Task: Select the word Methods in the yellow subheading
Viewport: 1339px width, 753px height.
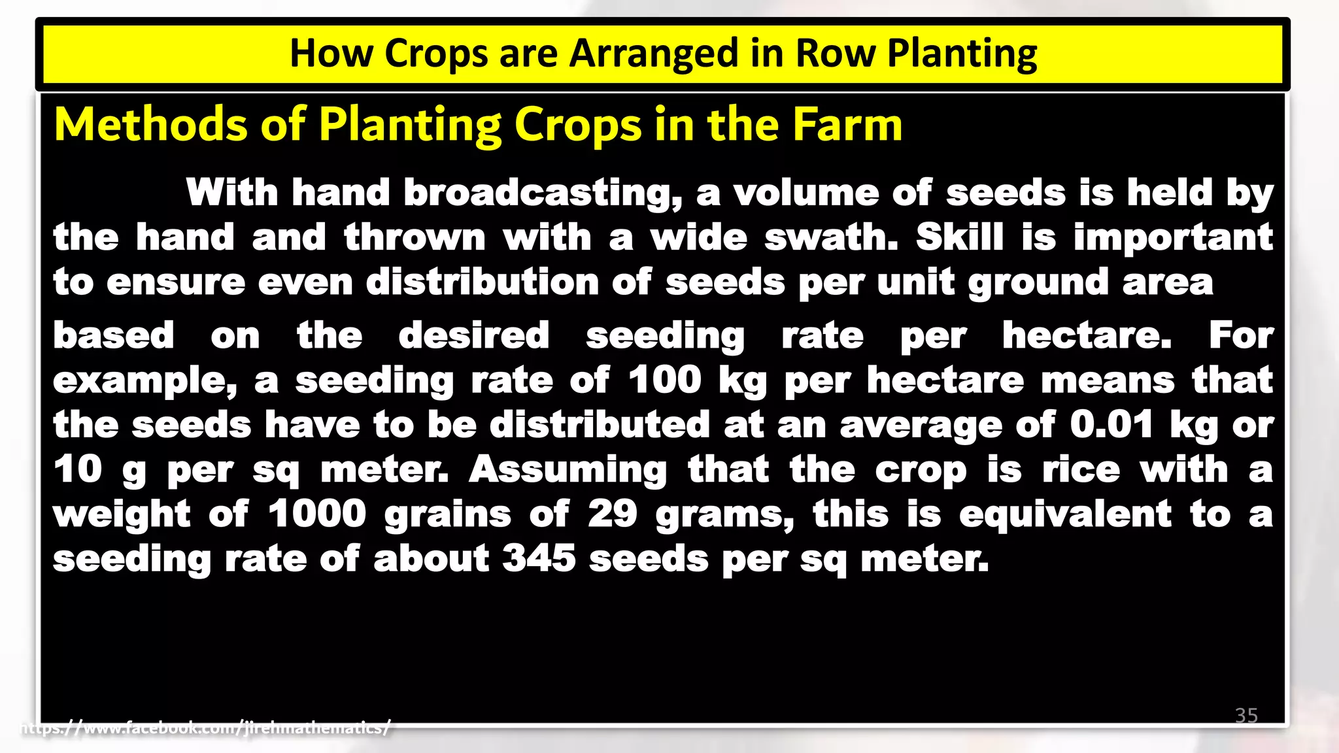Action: tap(150, 124)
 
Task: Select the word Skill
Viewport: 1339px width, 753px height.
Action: tap(959, 237)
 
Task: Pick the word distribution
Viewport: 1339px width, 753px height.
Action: tap(483, 282)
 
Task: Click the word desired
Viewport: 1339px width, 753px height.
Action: tap(474, 336)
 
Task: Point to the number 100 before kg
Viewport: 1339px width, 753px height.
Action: tap(665, 380)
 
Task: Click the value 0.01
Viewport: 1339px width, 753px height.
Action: tap(1111, 425)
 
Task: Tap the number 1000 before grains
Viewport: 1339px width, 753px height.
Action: tap(317, 514)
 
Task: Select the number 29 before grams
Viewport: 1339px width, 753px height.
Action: tap(612, 514)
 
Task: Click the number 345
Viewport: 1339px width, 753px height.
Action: tap(539, 559)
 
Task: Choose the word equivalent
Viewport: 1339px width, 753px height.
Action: tap(1065, 514)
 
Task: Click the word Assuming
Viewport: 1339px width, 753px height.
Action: tap(568, 470)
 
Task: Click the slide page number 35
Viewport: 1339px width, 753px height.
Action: tap(1246, 715)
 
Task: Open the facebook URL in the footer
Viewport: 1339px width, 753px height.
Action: tap(206, 728)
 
